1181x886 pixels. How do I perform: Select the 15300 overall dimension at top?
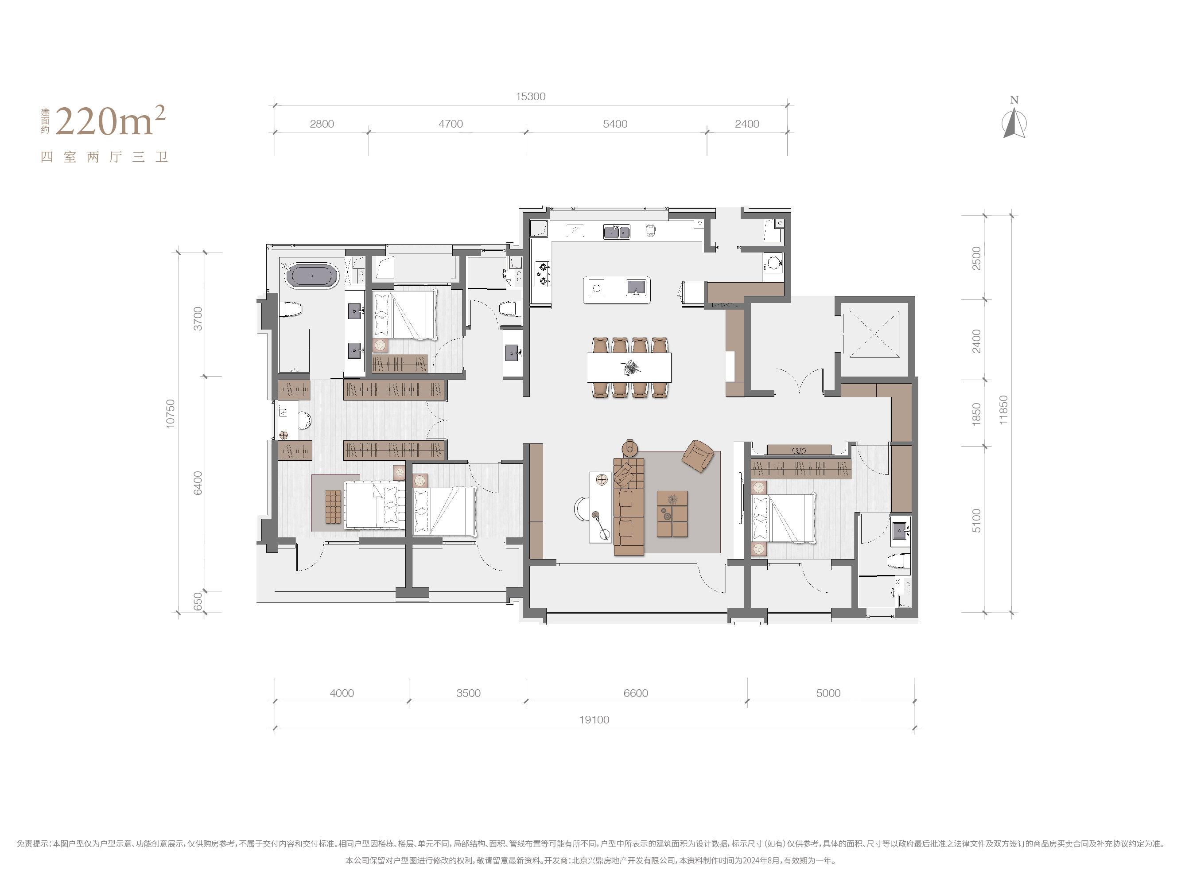[x=530, y=97]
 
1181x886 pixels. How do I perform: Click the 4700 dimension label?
[x=451, y=124]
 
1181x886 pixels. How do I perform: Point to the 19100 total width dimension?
[x=594, y=719]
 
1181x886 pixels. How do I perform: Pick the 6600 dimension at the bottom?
[x=635, y=693]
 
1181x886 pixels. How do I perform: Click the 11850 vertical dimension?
[x=1003, y=410]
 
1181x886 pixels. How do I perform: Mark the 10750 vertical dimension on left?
[x=170, y=413]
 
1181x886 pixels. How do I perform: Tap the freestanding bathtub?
[x=312, y=276]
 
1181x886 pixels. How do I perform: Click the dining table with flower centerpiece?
[x=629, y=367]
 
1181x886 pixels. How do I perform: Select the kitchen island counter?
[x=617, y=289]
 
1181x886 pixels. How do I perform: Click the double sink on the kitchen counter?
[x=617, y=232]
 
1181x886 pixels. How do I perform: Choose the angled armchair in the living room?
[x=698, y=456]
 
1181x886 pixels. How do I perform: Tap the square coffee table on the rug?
[x=672, y=514]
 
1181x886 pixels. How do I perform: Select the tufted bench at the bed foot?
[x=333, y=506]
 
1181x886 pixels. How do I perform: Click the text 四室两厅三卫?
[x=105, y=157]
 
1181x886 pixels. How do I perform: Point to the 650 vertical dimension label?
[x=198, y=601]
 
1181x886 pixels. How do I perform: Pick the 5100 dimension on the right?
[x=976, y=520]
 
